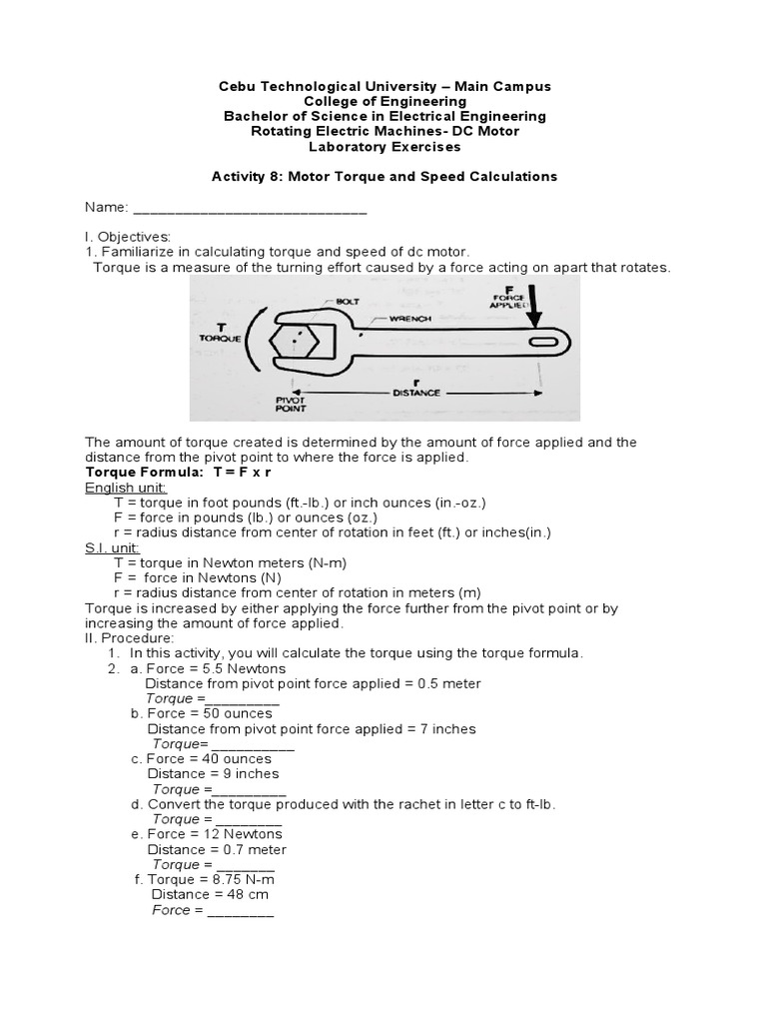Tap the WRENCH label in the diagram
click(x=409, y=319)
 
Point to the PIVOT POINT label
click(x=291, y=403)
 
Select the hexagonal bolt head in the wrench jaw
click(x=297, y=341)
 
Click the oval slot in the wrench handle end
click(x=544, y=342)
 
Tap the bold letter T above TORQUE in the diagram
click(x=221, y=326)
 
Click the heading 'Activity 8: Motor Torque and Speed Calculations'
click(x=384, y=176)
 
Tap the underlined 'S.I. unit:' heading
click(x=113, y=548)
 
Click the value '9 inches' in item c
click(x=246, y=773)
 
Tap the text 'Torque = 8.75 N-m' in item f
click(x=211, y=879)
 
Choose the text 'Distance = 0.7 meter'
click(x=217, y=849)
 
